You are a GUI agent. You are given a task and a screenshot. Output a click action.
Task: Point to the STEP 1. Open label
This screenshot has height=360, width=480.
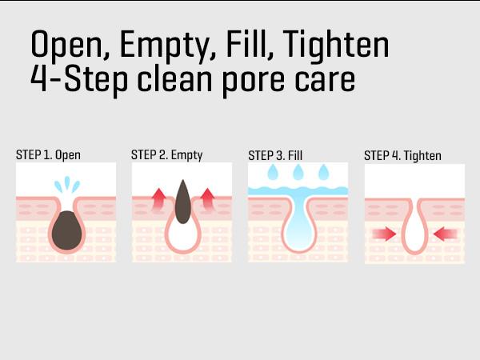[48, 155]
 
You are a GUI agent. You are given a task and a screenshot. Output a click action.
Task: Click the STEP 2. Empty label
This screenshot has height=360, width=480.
[167, 155]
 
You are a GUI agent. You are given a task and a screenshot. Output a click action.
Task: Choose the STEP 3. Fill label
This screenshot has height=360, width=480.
[275, 155]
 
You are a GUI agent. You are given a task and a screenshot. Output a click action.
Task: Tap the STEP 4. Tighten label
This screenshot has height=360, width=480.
[402, 155]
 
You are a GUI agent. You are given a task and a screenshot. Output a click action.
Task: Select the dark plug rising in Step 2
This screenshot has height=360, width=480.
[183, 202]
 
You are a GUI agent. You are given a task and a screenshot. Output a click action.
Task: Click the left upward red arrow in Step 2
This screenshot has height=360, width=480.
[159, 200]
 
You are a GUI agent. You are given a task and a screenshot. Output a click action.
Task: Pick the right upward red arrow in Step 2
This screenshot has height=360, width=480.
[208, 200]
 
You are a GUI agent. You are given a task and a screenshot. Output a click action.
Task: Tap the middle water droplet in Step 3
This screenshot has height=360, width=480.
[298, 172]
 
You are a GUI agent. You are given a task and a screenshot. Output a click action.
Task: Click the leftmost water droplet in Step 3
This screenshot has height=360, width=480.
[273, 172]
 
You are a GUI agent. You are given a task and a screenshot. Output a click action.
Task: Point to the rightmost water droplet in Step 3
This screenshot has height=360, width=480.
[323, 172]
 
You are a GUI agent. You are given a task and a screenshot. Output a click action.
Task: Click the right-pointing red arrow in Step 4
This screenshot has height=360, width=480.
[385, 234]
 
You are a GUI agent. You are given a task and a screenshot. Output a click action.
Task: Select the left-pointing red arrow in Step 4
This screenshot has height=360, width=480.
[446, 234]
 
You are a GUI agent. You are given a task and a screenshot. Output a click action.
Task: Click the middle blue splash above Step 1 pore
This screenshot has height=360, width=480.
[67, 182]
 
